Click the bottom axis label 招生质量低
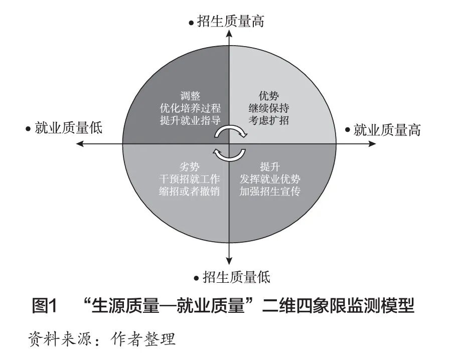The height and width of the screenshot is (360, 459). [x=236, y=276]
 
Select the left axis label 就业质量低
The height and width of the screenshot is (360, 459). [x=68, y=128]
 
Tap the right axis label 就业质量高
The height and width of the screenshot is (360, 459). [x=387, y=130]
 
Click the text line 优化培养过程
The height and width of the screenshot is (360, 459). [x=190, y=108]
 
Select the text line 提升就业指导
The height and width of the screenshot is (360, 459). [x=190, y=120]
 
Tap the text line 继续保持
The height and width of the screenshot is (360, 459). [x=269, y=108]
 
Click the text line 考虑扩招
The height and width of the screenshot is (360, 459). [x=269, y=120]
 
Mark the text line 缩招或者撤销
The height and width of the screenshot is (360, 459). [x=190, y=191]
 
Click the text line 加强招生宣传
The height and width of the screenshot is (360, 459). [x=270, y=191]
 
